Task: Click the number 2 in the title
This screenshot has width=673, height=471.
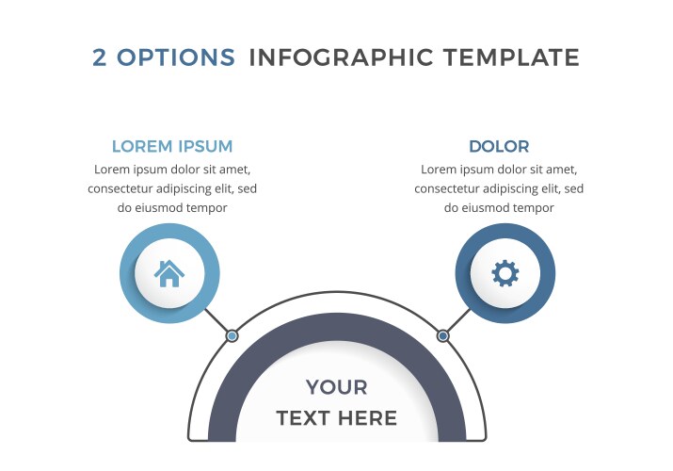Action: coord(99,57)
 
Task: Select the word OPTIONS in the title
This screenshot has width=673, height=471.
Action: coord(176,57)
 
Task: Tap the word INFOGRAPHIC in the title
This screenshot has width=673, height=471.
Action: coord(342,57)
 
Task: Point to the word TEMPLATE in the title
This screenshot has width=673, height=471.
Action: coord(511,57)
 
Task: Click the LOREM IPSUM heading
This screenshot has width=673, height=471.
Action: coord(172,146)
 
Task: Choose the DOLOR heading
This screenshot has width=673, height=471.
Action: coord(499,146)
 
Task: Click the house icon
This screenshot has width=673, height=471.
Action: coord(169,273)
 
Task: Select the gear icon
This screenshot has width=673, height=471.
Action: coord(505,273)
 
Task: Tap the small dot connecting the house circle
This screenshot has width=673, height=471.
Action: coord(232,335)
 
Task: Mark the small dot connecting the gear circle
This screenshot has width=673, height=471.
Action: coord(443,335)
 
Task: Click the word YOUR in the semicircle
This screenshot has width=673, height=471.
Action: coord(337,387)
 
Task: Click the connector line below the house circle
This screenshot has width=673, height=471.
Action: coord(216,320)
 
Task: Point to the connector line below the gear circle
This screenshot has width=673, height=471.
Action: coord(458,320)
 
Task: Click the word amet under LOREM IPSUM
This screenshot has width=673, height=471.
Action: coord(234,170)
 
